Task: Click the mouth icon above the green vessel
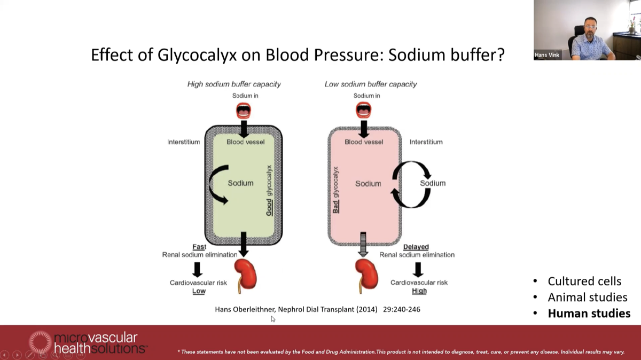244,111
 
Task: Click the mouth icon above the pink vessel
364,111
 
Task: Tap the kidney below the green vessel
246,275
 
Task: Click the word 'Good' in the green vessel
269,207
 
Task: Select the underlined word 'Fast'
199,247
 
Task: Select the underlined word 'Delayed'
416,247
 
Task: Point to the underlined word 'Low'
199,291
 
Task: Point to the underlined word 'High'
419,291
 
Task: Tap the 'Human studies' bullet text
589,314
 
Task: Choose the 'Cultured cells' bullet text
584,281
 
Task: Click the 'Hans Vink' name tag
547,55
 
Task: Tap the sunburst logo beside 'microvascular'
41,342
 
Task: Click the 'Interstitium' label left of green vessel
183,142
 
